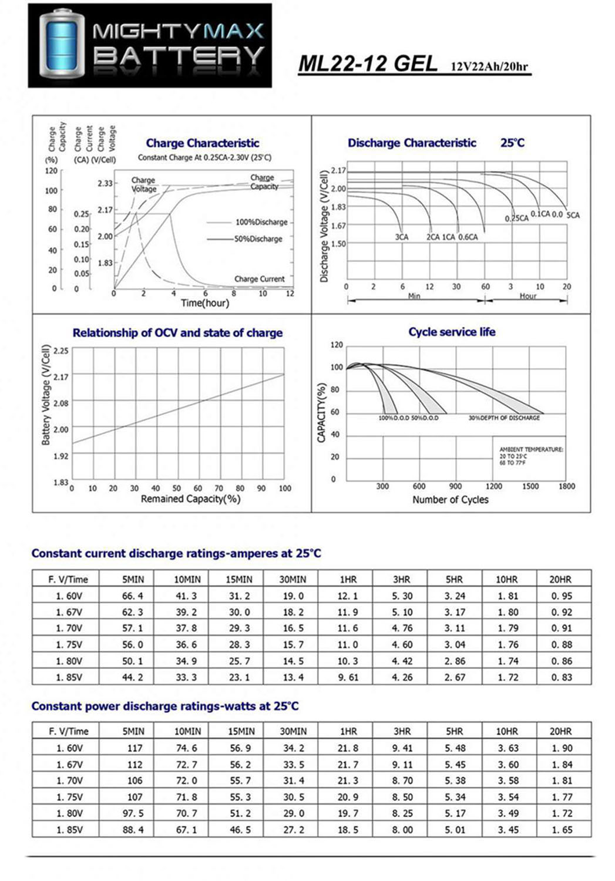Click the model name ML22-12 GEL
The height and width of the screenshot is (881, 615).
pyautogui.click(x=368, y=64)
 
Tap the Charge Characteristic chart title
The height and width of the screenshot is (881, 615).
pyautogui.click(x=202, y=143)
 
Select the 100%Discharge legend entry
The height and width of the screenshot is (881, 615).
pyautogui.click(x=261, y=222)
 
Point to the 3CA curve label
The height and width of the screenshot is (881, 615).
pyautogui.click(x=401, y=237)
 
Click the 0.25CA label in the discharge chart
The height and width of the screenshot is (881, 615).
pyautogui.click(x=516, y=218)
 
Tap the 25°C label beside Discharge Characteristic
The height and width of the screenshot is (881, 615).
pyautogui.click(x=512, y=143)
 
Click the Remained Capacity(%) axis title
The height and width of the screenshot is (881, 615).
pyautogui.click(x=190, y=499)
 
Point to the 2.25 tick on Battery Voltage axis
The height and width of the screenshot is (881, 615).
pyautogui.click(x=61, y=351)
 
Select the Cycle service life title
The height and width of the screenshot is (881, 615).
pyautogui.click(x=452, y=332)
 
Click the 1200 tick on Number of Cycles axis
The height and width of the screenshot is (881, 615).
pyautogui.click(x=493, y=486)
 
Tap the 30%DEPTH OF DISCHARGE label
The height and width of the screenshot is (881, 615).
pyautogui.click(x=504, y=418)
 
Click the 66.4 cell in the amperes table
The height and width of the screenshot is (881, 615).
pyautogui.click(x=132, y=596)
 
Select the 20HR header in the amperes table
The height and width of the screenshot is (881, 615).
pyautogui.click(x=560, y=579)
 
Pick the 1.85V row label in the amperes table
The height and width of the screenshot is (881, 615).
pyautogui.click(x=69, y=677)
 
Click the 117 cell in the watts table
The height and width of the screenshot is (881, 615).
pyautogui.click(x=135, y=748)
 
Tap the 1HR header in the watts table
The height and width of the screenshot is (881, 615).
pyautogui.click(x=348, y=731)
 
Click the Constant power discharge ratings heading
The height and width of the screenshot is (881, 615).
pyautogui.click(x=165, y=706)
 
